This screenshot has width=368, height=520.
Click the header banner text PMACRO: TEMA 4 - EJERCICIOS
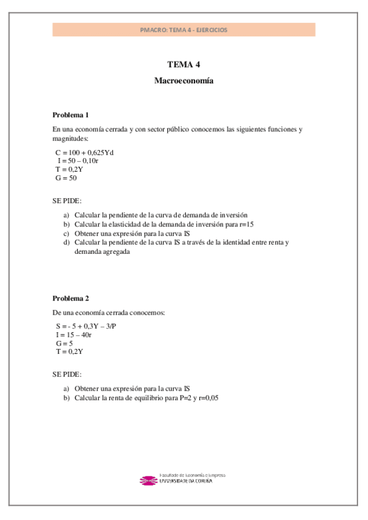point(183,29)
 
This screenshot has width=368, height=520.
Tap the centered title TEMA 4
point(183,64)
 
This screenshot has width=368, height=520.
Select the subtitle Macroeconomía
point(183,81)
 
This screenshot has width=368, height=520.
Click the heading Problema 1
point(71,115)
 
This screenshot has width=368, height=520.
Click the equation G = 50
point(66,178)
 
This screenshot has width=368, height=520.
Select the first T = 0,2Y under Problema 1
point(69,169)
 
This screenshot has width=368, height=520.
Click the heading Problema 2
point(71,298)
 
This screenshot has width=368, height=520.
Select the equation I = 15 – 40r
point(74,335)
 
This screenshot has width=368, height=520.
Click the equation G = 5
point(64,343)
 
